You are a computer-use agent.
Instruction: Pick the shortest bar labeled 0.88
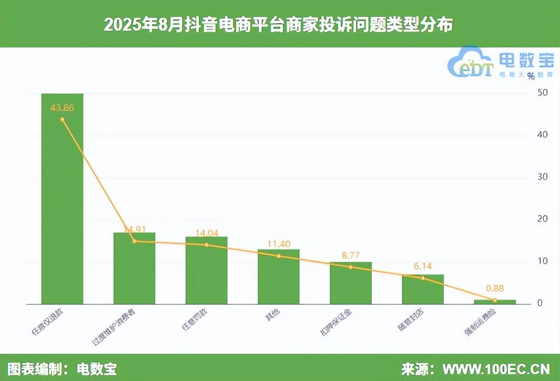[495, 302]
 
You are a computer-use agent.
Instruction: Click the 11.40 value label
[279, 244]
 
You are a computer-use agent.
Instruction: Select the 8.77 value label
[351, 256]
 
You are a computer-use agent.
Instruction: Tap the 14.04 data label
[206, 233]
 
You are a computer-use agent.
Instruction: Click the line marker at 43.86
[62, 119]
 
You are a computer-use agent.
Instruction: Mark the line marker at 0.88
[495, 300]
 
